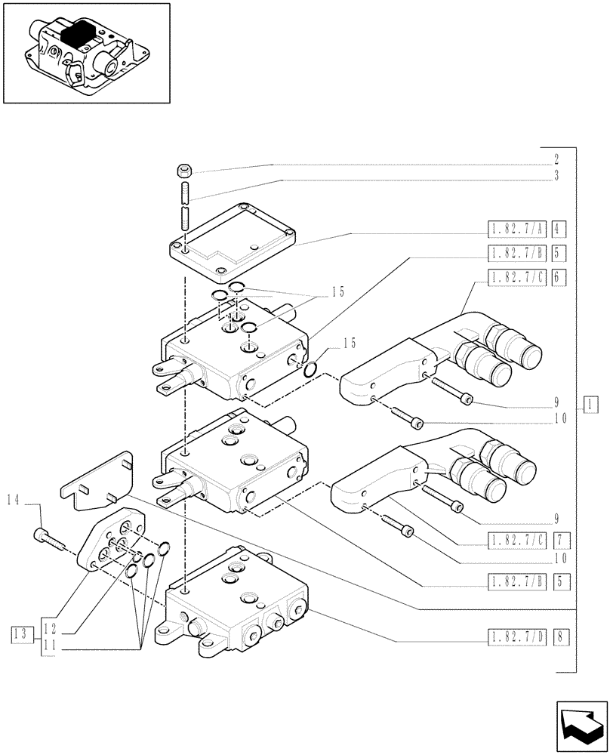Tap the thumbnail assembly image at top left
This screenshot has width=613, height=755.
coord(86,53)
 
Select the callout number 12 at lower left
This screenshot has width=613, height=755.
coord(49,625)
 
